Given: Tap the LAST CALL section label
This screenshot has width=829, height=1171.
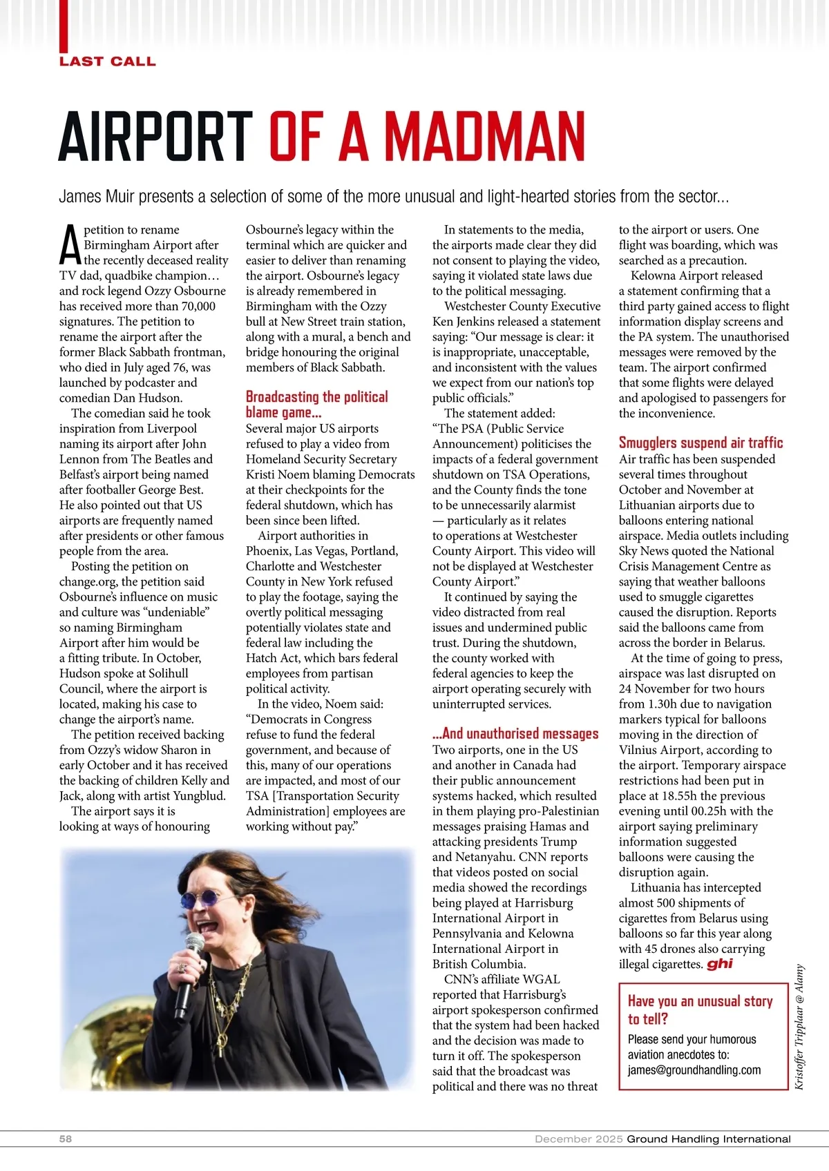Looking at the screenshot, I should coord(108,61).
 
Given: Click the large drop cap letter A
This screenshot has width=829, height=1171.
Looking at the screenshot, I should coord(70,246).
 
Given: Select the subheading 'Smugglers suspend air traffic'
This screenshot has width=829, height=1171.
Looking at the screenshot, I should coord(701,443).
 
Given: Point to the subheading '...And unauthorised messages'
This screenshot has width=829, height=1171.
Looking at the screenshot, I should coord(515,733).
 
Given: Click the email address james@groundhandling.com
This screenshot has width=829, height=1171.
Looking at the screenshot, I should coord(694,1070).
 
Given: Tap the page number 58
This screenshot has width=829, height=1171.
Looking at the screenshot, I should coord(66,1139).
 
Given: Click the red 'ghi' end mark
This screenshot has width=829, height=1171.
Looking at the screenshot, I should coord(719,964).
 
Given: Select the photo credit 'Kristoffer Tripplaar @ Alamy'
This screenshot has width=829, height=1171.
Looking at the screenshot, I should coord(799,1027).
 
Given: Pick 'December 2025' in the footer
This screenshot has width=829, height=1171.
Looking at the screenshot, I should coord(578,1139).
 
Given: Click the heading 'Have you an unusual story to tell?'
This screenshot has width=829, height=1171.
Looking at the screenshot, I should coord(699,1009).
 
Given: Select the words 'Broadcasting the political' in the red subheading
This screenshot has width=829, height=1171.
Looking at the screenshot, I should coord(317,396).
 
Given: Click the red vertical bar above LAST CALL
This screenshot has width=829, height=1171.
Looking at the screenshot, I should coord(64,26).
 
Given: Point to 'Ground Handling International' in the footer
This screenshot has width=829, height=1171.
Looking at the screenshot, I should coord(709,1139).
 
